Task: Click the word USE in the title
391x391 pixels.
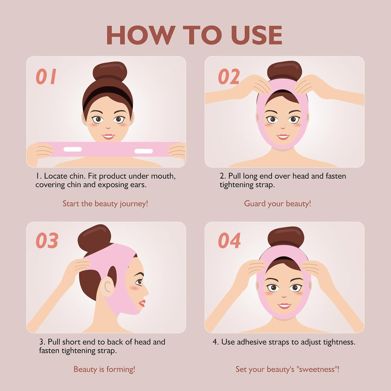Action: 257,35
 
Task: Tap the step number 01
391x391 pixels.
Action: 46,76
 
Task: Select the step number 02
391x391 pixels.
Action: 229,76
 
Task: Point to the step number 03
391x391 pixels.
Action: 47,241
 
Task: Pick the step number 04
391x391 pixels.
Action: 229,241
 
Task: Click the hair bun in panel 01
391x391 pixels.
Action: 110,71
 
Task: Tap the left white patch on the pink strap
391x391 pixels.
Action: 73,149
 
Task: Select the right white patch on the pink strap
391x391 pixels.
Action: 144,151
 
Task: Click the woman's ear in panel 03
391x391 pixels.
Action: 108,286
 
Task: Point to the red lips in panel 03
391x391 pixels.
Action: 142,303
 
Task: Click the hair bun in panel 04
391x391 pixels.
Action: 286,237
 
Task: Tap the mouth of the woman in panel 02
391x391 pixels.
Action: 283,137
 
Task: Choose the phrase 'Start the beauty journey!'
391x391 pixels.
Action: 105,204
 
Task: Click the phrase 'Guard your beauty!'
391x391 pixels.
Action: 278,204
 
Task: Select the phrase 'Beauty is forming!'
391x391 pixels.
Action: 104,369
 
